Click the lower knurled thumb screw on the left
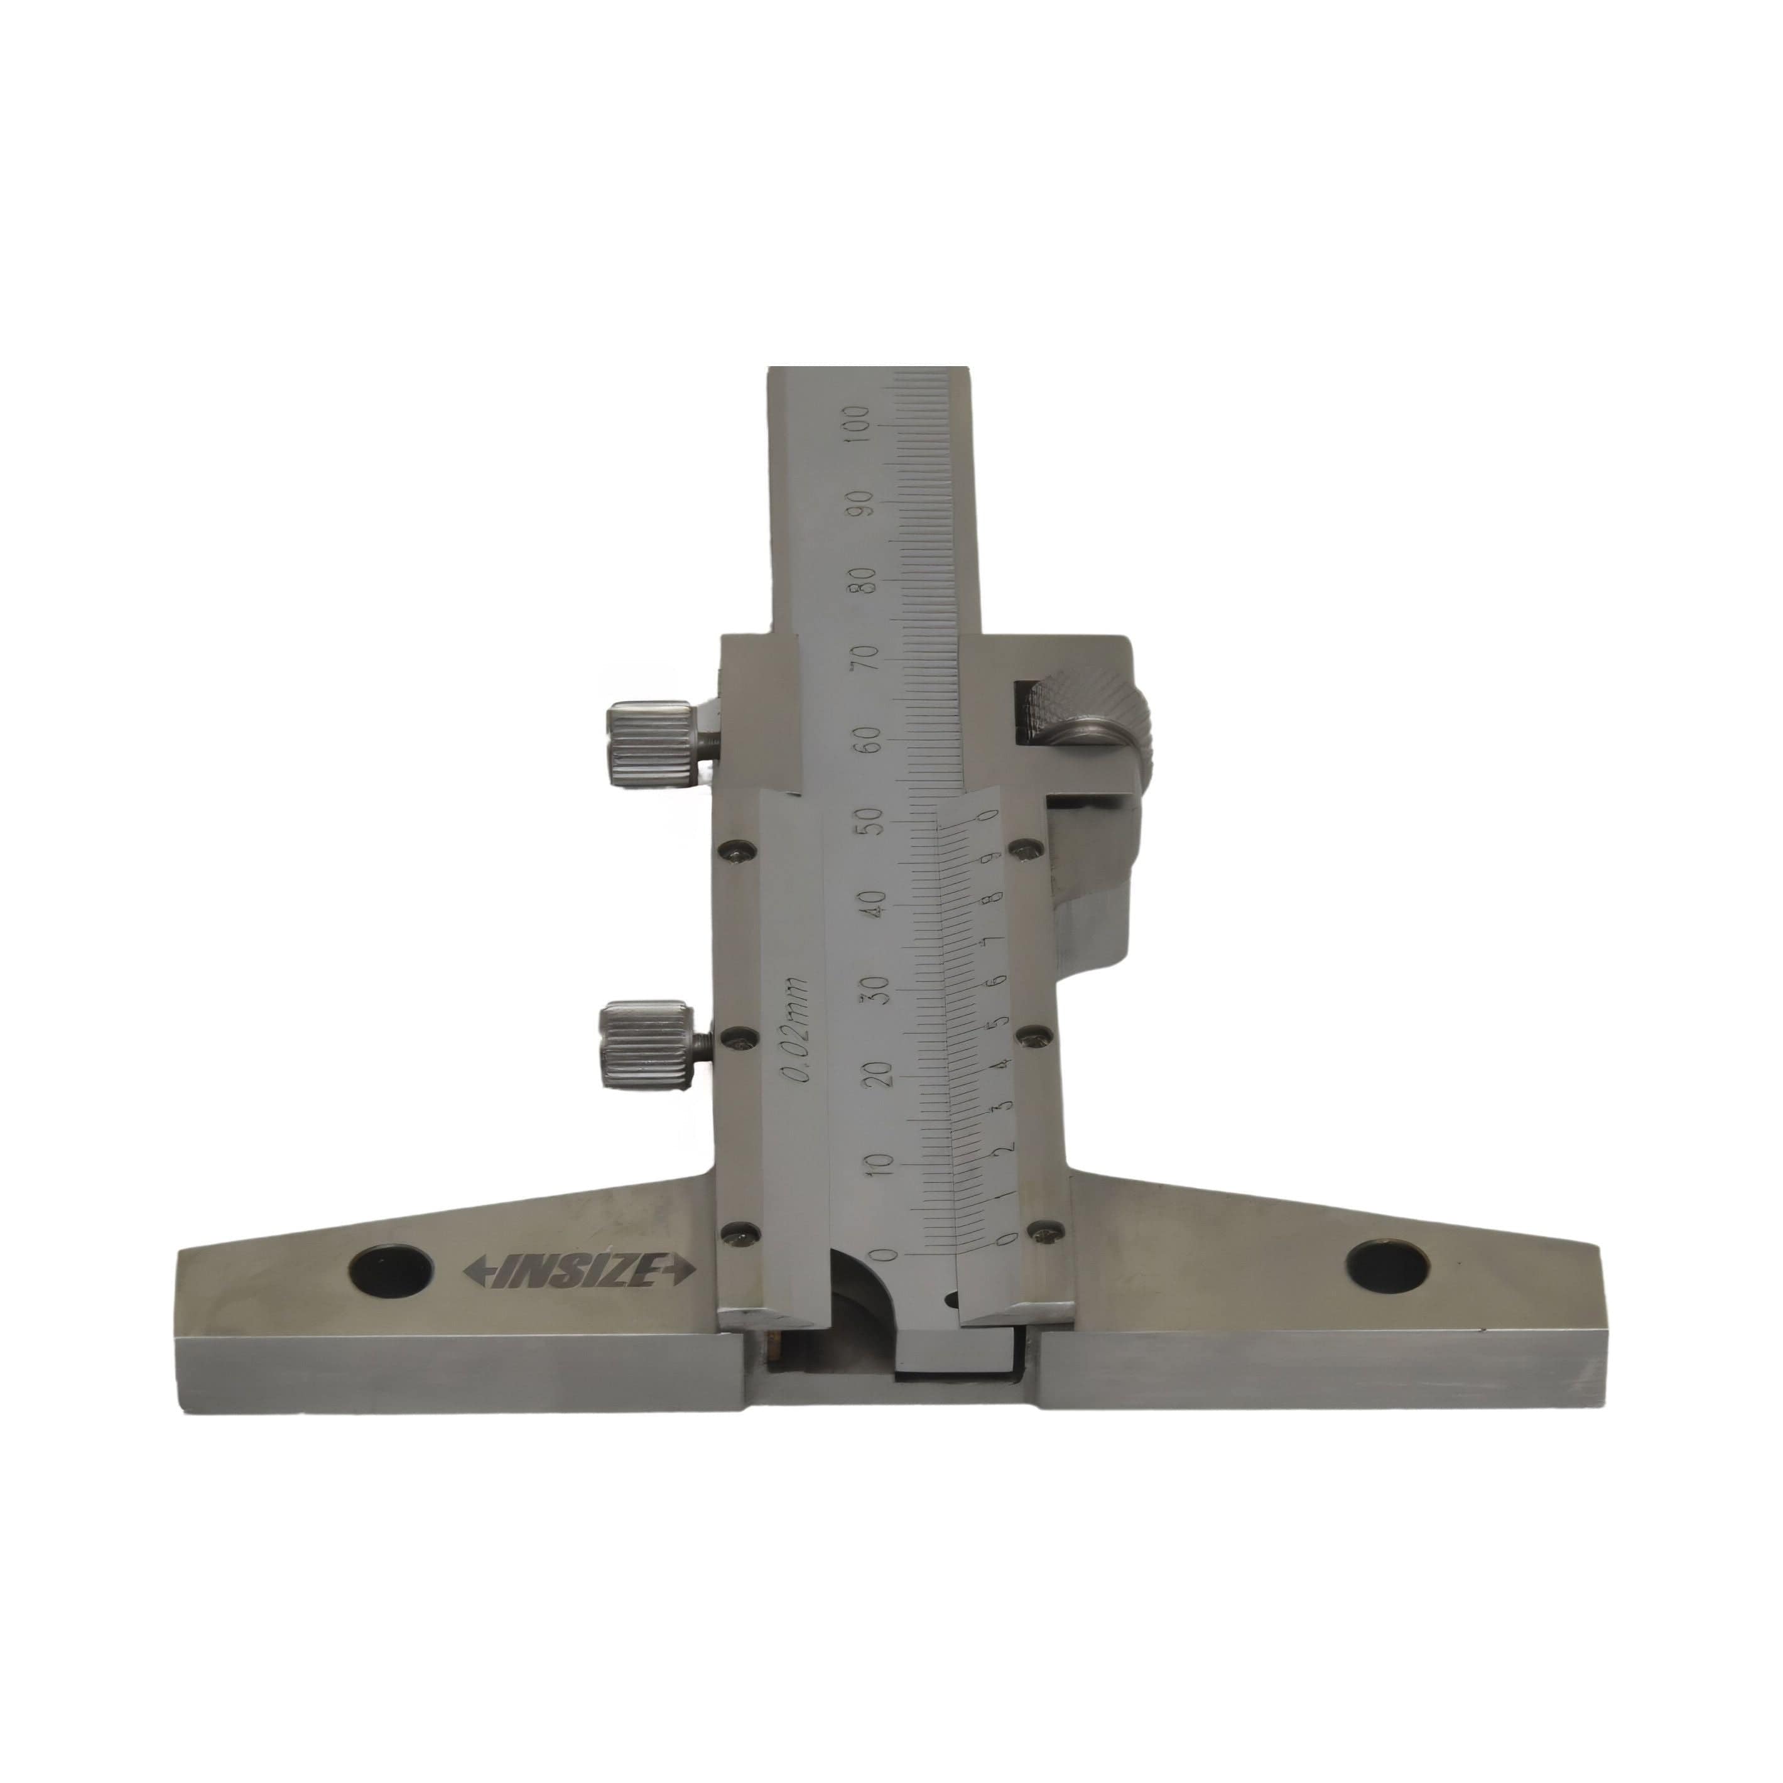coord(646,1048)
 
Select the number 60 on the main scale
coord(869,739)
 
